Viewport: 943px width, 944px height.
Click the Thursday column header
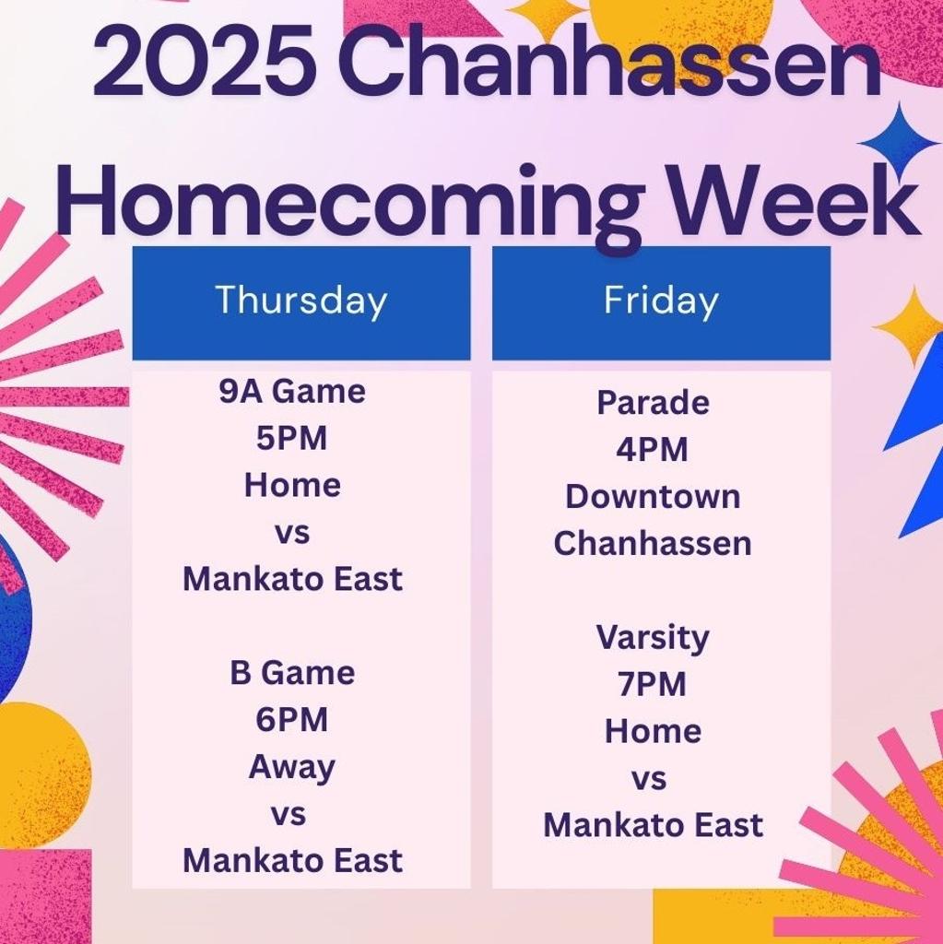coord(301,301)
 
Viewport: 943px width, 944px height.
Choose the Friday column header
coord(661,301)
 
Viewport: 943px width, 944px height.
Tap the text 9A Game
coord(292,392)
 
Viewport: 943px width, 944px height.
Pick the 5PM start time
coord(292,439)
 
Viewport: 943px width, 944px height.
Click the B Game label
coord(292,673)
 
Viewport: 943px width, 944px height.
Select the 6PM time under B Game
coord(292,720)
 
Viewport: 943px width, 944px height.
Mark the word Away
coord(292,768)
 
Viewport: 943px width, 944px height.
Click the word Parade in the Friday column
coord(653,403)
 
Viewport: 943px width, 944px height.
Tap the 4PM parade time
coord(653,450)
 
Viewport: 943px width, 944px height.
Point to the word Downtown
coord(653,497)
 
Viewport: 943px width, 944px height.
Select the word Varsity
coord(653,638)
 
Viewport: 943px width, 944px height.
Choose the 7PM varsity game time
coord(653,685)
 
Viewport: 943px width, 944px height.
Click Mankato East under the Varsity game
coord(653,825)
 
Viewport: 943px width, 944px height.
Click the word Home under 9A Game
coord(292,486)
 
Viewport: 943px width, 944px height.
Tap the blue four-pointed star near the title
coord(899,142)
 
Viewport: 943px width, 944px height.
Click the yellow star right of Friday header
coord(911,324)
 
